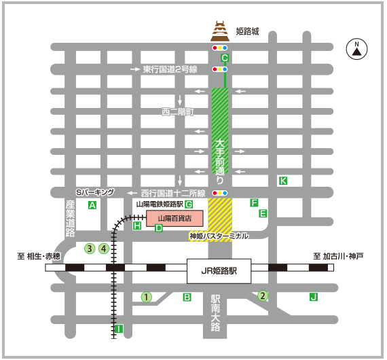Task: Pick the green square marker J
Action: pos(313,297)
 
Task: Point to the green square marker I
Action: pos(119,329)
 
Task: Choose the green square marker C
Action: pos(225,58)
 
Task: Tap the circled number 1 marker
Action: pos(145,297)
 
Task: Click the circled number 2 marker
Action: pos(263,295)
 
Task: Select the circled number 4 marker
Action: pos(104,248)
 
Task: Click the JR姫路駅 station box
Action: pos(219,270)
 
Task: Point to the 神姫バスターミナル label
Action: pos(219,236)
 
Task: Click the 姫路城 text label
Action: pos(248,31)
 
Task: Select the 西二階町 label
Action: pos(178,111)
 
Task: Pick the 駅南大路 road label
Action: pos(216,313)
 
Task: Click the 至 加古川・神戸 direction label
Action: pos(338,256)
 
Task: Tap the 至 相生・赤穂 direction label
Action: pos(39,256)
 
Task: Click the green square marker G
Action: pos(189,204)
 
